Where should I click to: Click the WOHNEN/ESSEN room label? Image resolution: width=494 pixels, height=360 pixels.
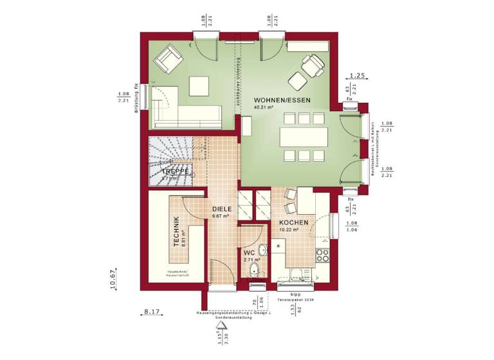click(282, 100)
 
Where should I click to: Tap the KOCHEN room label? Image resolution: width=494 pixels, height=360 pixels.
click(293, 222)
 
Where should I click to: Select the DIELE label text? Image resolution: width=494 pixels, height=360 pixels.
click(223, 209)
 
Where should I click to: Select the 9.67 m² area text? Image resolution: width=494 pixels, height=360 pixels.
click(223, 217)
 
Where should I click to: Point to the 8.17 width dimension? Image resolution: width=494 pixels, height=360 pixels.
click(151, 312)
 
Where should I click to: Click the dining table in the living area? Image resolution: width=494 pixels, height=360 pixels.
click(303, 137)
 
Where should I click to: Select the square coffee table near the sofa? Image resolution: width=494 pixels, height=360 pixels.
click(198, 85)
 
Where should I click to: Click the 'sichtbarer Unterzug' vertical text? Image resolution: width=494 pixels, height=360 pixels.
click(238, 80)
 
